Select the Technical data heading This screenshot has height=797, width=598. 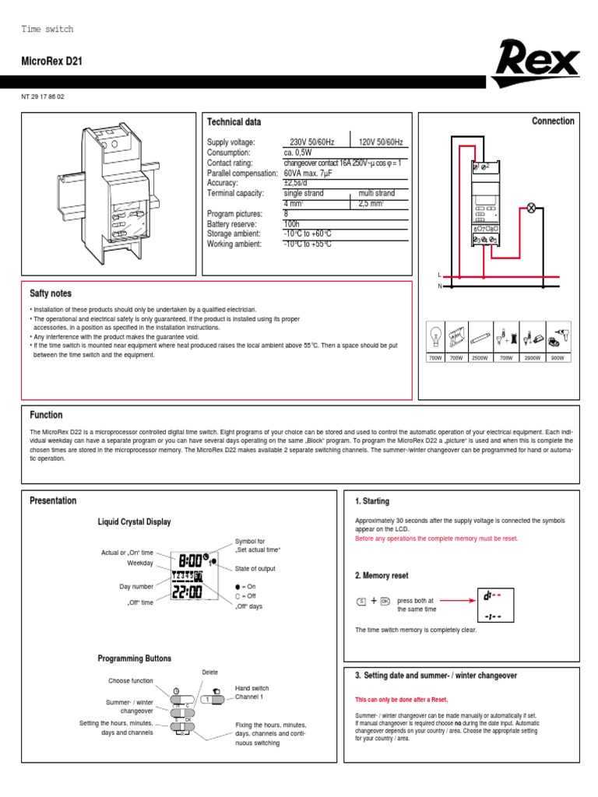pos(234,122)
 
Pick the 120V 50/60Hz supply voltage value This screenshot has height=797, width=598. pos(381,142)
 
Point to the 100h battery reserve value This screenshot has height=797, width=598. pos(292,223)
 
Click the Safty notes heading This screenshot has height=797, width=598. pos(51,293)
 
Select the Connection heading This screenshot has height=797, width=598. pos(553,121)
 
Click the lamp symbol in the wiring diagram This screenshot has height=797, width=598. pos(533,208)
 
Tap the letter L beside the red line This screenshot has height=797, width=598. pos(439,276)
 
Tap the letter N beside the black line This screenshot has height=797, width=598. pos(439,286)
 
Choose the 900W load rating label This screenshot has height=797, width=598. pos(558,358)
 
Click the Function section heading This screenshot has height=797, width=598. pos(46,415)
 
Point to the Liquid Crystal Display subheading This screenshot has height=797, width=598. pos(134,521)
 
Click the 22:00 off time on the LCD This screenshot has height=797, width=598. pos(186,593)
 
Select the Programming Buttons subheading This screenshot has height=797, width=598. pos(134,658)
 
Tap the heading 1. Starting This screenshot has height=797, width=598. pos(371,501)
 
